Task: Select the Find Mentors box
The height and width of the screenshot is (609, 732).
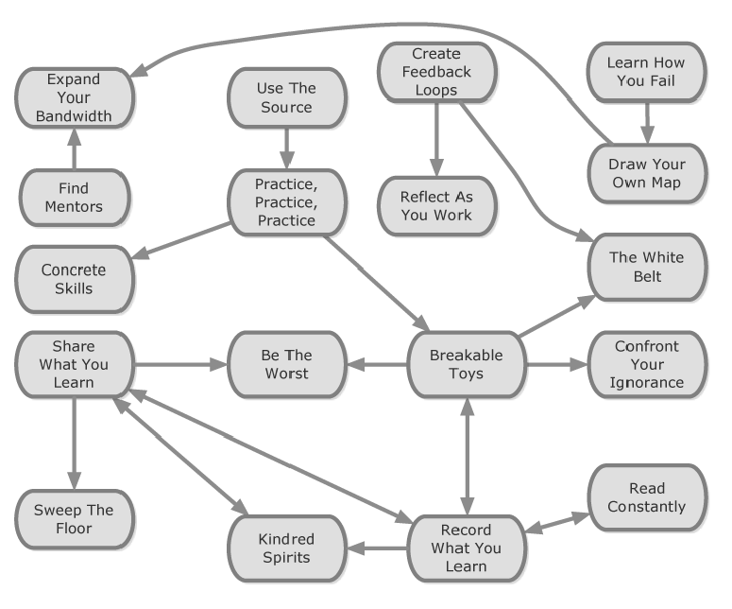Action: point(75,198)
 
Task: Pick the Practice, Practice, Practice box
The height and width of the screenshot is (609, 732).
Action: point(284,201)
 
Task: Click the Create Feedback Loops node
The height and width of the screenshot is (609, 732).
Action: point(435,72)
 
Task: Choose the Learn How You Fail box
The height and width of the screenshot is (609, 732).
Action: point(646,72)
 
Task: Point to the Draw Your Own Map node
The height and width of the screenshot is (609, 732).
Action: point(646,172)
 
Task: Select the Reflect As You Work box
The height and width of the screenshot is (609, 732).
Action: point(435,205)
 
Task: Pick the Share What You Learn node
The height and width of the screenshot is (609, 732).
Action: point(75,364)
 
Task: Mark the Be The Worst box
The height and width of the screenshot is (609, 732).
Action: point(284,364)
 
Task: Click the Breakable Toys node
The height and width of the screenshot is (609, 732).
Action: point(466,364)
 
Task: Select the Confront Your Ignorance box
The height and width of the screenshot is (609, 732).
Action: point(646,364)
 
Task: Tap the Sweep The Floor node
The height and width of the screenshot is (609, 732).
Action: point(75,518)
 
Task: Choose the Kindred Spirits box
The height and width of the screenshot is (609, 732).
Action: point(284,548)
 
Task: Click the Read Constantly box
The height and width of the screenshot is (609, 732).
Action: point(646,497)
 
